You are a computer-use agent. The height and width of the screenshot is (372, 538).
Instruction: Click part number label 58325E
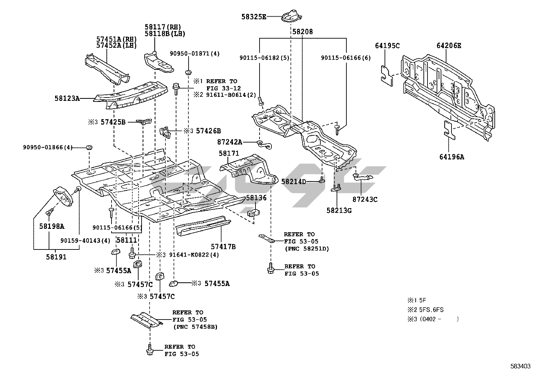point(253,17)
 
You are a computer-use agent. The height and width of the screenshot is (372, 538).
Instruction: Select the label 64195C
point(387,46)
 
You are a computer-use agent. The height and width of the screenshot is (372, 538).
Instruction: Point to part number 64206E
point(449,46)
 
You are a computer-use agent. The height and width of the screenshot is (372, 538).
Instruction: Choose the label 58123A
point(67,99)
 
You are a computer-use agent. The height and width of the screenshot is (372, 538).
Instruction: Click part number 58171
point(229,153)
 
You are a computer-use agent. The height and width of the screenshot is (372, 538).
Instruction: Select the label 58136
point(256,198)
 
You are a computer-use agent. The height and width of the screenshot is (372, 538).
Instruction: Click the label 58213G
point(339,211)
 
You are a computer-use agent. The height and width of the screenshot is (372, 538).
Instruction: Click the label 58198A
point(51,226)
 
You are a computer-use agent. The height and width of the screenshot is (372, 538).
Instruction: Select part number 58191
point(56,257)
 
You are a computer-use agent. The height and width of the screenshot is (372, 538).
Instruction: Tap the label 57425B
point(113,122)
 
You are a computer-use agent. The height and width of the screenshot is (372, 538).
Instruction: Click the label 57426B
point(208,131)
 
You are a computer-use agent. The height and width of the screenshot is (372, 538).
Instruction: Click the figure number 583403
point(520,366)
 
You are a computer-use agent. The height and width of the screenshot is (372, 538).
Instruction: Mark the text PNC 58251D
point(307,249)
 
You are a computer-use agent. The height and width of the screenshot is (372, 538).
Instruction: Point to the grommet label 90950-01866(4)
point(48,147)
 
